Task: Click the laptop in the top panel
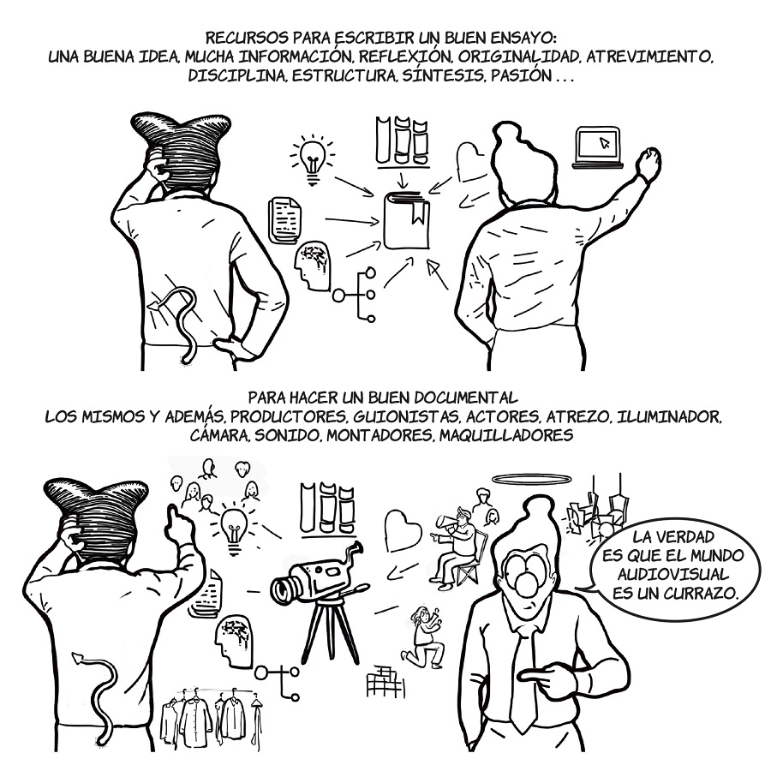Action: [598, 148]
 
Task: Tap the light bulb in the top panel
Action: [313, 158]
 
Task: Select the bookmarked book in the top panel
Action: [407, 221]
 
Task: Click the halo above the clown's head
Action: [532, 479]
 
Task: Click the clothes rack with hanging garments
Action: [212, 717]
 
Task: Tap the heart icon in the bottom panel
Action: [403, 532]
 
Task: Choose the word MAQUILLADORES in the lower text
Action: [506, 436]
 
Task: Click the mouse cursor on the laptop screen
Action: [604, 143]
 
